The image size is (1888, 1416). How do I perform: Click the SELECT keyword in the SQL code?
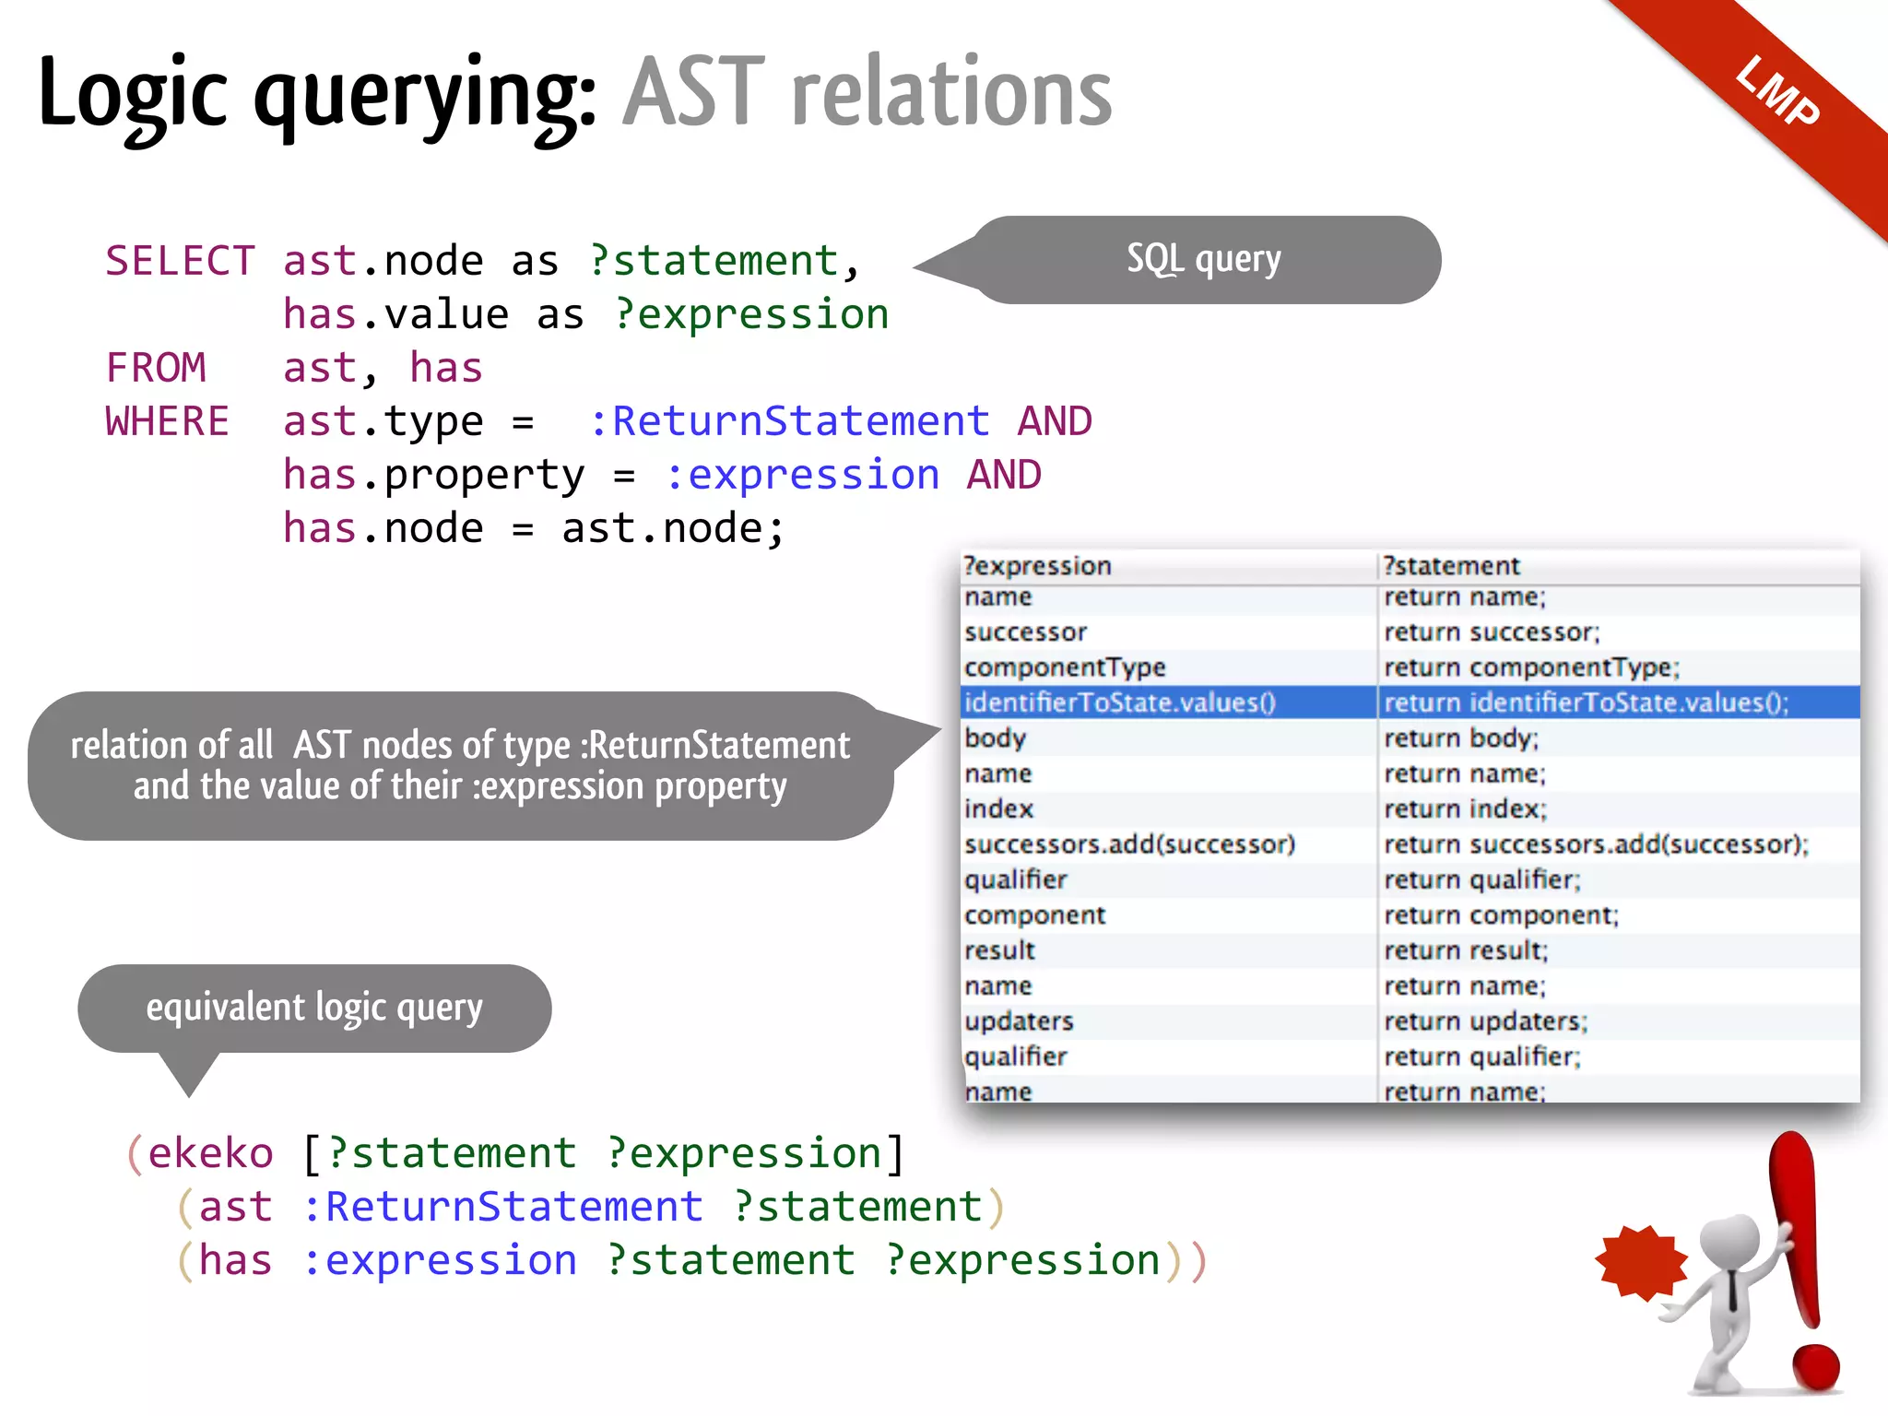(180, 261)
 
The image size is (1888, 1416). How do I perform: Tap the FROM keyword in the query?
(156, 368)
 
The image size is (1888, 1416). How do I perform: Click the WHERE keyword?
(167, 421)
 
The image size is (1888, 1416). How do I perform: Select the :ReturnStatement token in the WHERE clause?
(789, 421)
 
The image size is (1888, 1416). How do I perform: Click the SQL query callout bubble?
(1204, 259)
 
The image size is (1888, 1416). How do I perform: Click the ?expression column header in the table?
(1038, 565)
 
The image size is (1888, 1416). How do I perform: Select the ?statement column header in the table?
(1451, 565)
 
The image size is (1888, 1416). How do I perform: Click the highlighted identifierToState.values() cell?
(1120, 702)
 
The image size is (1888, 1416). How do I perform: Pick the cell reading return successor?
(1492, 632)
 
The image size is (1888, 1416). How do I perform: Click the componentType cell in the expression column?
(1065, 667)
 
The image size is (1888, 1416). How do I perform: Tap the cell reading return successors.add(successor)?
(1596, 844)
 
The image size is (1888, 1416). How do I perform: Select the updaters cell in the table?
(1019, 1021)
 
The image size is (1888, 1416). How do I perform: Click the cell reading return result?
(1466, 950)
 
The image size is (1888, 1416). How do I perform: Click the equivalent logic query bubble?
(314, 1008)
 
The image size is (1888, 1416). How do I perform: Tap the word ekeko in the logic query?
(211, 1153)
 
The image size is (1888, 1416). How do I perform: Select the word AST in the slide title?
(694, 92)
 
